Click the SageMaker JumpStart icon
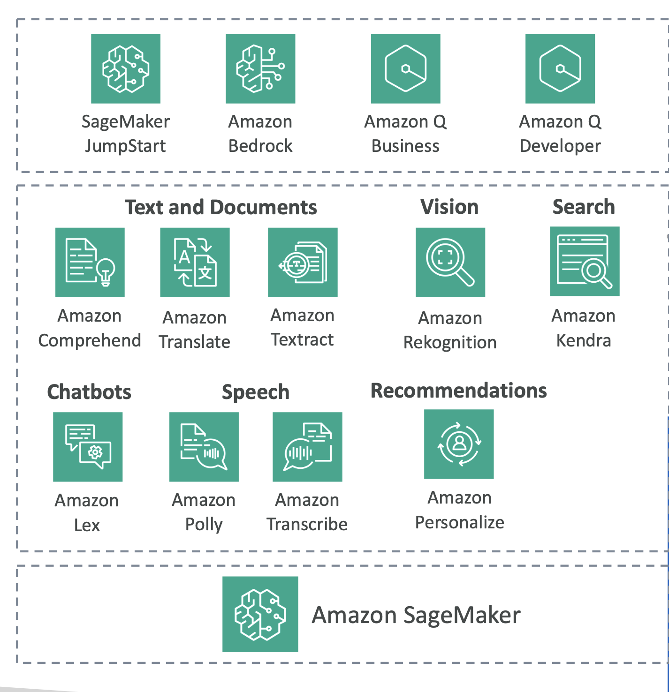(x=126, y=68)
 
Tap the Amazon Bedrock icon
(x=260, y=68)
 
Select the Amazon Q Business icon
(x=405, y=68)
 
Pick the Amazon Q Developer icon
(x=560, y=68)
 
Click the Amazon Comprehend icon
(x=90, y=262)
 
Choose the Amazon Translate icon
(x=195, y=262)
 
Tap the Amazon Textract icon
(x=303, y=262)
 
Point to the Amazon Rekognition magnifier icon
(x=450, y=262)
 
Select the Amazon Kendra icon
(x=585, y=261)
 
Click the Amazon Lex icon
(x=88, y=447)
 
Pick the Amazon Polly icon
(x=204, y=447)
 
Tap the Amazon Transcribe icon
(x=307, y=447)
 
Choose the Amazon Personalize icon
(x=459, y=444)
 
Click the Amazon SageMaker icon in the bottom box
(x=260, y=614)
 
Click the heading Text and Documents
(x=220, y=207)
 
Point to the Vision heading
(x=449, y=207)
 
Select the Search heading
(x=584, y=207)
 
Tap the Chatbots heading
(x=89, y=392)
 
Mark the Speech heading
(x=255, y=392)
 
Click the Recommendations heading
(x=458, y=391)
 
